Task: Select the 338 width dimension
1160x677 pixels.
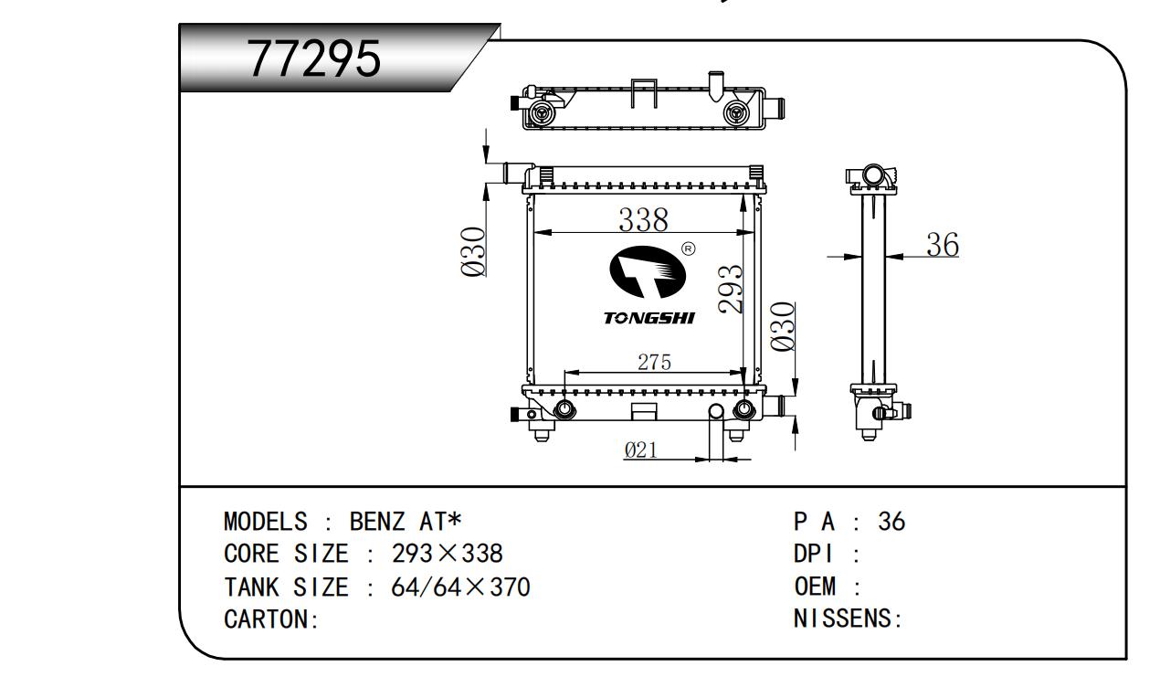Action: click(643, 220)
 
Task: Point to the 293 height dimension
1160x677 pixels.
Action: click(731, 289)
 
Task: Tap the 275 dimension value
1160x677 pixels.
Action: click(653, 363)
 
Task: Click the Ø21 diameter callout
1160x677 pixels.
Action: click(642, 450)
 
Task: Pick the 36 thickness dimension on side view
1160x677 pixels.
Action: click(942, 244)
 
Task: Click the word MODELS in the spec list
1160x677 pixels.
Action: click(266, 522)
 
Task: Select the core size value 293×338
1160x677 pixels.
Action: click(447, 555)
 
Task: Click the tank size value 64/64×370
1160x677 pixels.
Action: click(459, 587)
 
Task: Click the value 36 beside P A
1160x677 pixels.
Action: click(891, 522)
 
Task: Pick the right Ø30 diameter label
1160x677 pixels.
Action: click(784, 327)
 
